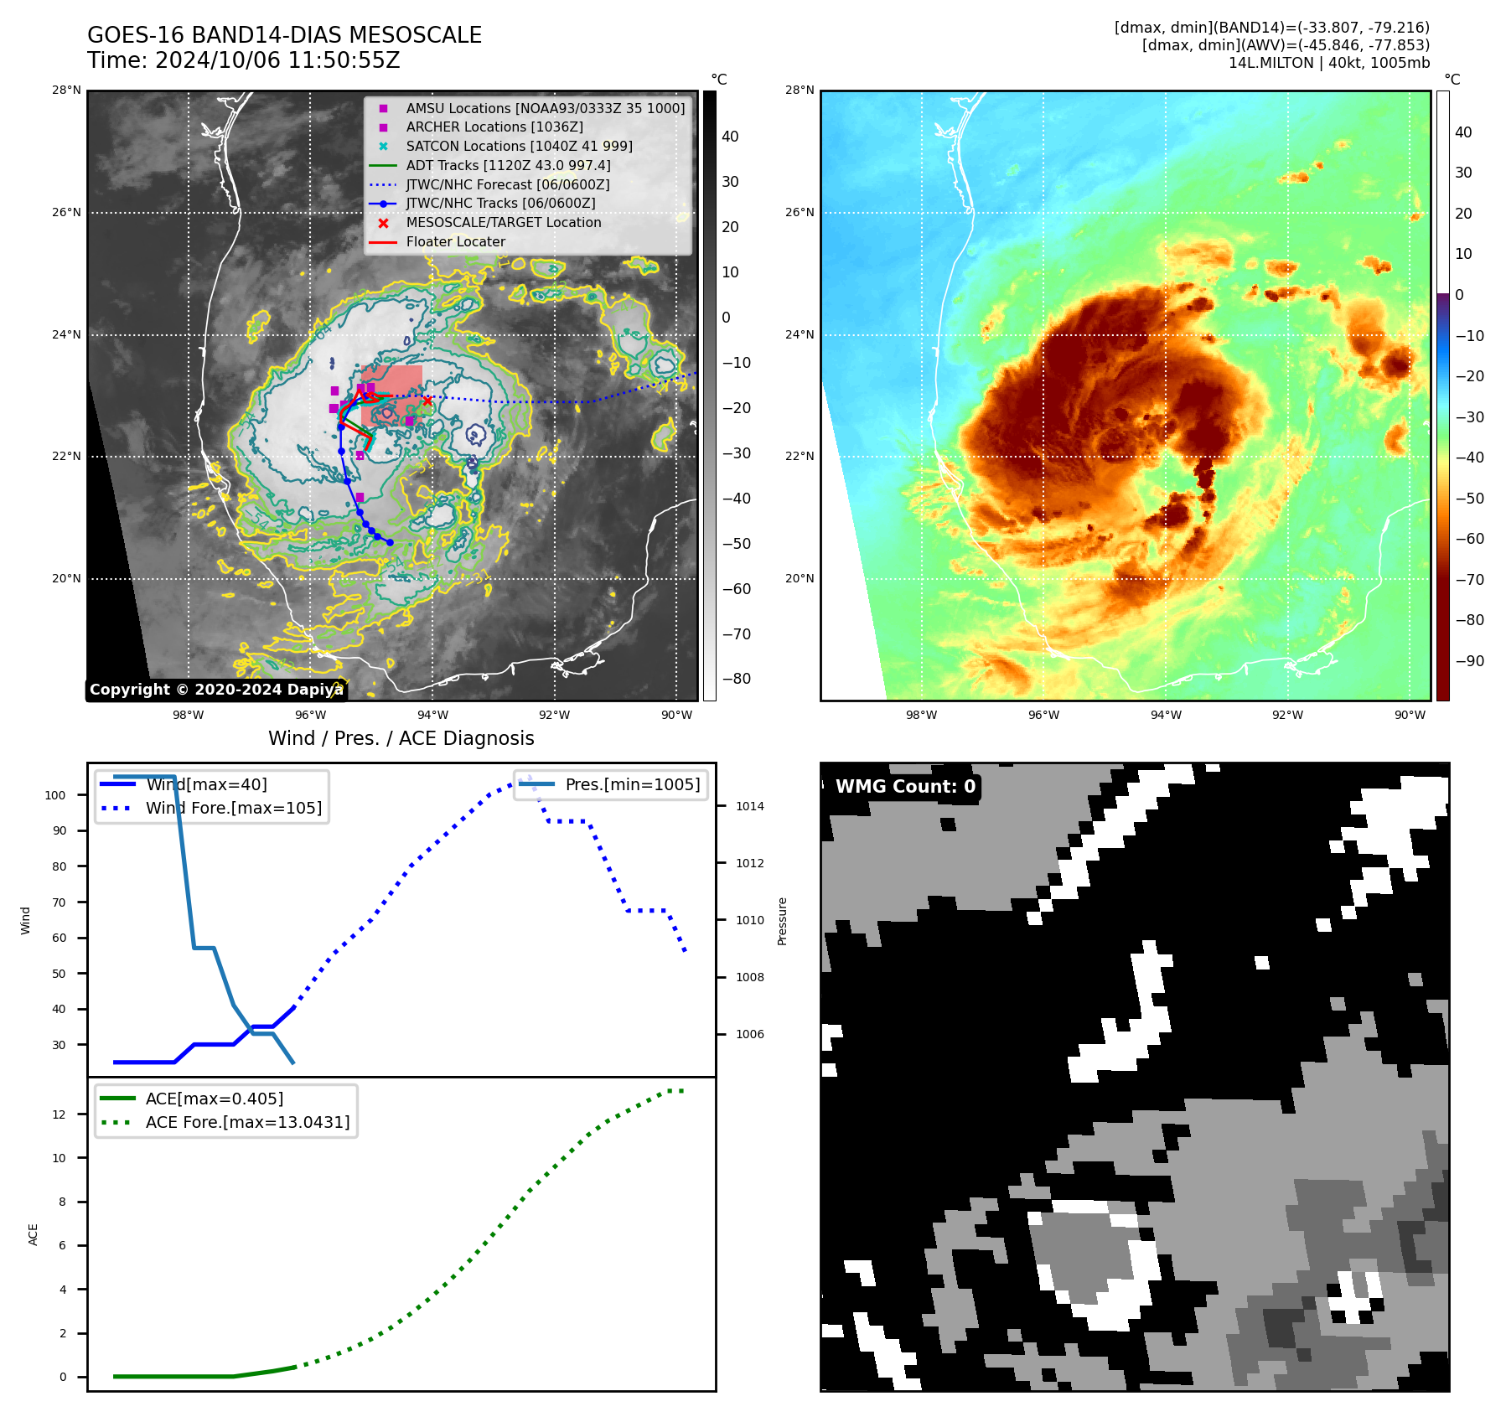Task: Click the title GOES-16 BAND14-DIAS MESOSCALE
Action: (284, 35)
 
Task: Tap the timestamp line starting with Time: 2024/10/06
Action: (243, 60)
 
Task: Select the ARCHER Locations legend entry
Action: (494, 127)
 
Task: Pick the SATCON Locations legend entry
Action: (519, 146)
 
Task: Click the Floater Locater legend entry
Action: (455, 242)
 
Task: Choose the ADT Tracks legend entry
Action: (508, 165)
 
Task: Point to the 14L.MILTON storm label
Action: (1328, 63)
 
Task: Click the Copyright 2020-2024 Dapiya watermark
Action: (216, 690)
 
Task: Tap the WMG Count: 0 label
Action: (905, 787)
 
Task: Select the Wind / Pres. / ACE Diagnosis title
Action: (401, 738)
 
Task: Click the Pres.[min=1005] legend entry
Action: (632, 785)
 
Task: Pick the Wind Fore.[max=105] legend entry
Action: (233, 809)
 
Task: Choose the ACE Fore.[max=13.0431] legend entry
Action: (247, 1122)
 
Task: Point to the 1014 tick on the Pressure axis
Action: (750, 807)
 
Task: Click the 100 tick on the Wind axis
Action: (55, 795)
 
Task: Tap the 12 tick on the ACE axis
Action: (59, 1114)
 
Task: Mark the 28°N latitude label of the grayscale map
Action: (66, 90)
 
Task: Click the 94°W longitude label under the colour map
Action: (1165, 716)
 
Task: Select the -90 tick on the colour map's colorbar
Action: (1469, 661)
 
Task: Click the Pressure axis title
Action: (782, 921)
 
